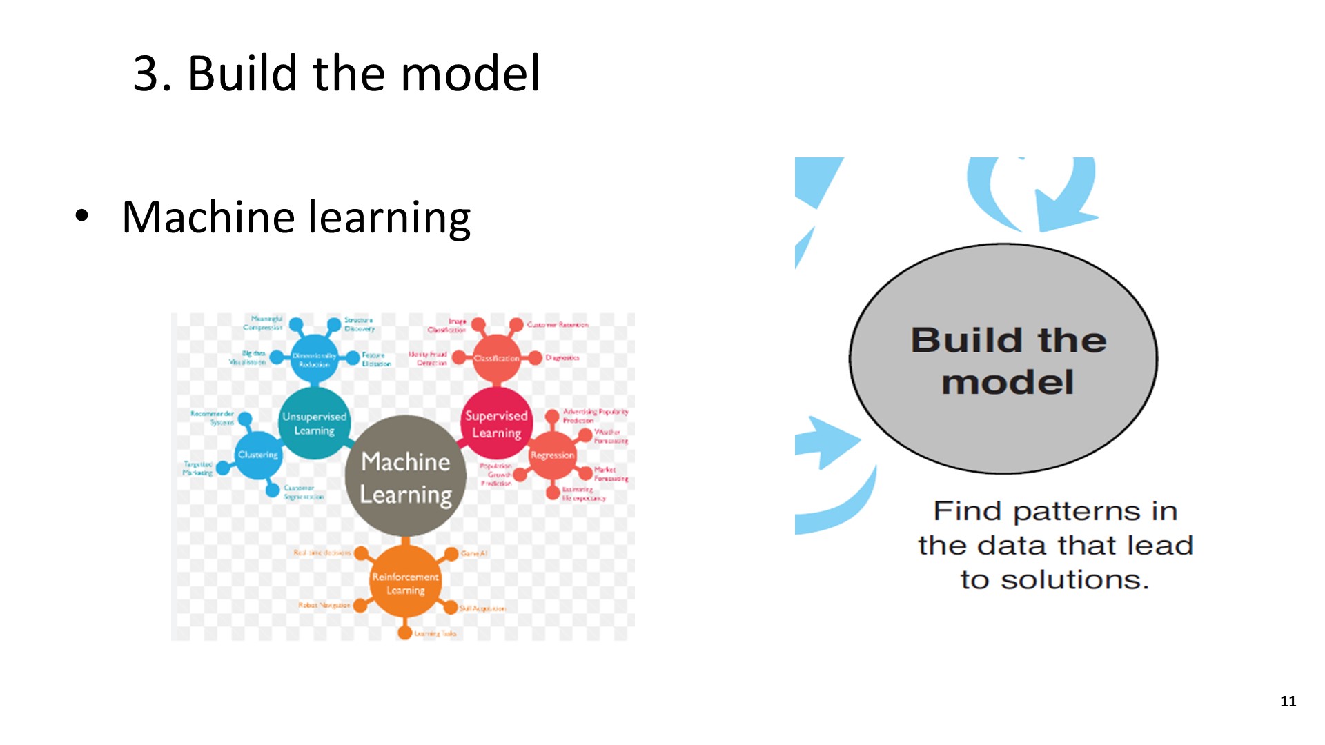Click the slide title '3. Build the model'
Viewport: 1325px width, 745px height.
[x=336, y=73]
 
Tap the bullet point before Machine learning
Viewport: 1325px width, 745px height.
[x=82, y=216]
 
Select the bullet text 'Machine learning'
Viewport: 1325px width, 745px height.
[x=296, y=217]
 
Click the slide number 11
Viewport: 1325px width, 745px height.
[x=1288, y=702]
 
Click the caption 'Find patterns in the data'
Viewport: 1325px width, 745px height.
[x=1055, y=545]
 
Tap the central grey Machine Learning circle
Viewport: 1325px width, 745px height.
[x=405, y=477]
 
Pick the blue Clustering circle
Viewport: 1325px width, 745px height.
[x=258, y=455]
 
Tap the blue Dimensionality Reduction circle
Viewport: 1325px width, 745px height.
[x=314, y=359]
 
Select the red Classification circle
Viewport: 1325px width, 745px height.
[x=496, y=359]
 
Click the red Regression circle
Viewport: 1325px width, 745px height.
[x=552, y=455]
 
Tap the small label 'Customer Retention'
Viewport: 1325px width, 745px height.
[x=558, y=324]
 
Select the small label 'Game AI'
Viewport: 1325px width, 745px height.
[x=474, y=553]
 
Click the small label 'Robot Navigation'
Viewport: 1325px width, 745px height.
[x=324, y=605]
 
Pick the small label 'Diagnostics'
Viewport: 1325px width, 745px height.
[x=562, y=358]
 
